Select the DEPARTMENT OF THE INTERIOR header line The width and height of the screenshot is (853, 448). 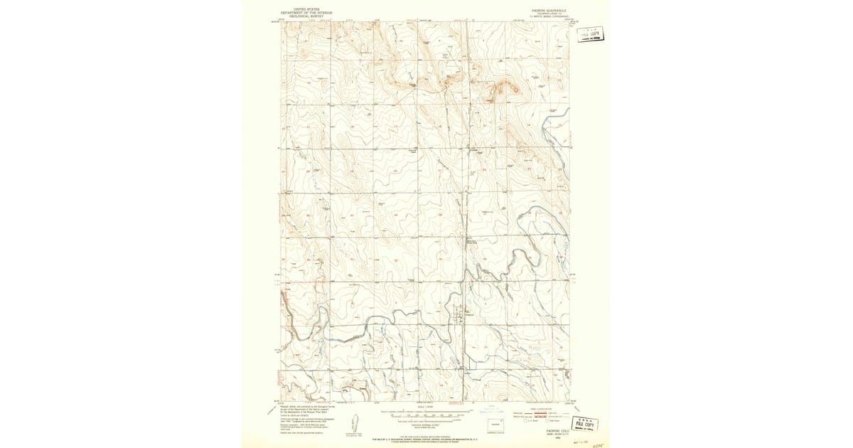point(306,13)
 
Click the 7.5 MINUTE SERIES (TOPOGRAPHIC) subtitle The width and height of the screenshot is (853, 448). point(548,17)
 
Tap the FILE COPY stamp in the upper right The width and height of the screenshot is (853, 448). point(589,34)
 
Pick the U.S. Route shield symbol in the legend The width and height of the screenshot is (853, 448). point(526,421)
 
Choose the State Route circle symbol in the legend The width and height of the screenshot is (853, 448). point(547,421)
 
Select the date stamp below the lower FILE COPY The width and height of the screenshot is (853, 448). point(589,439)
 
